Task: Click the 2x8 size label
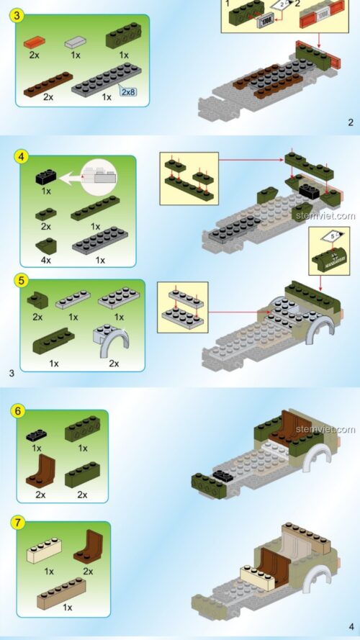click(x=129, y=92)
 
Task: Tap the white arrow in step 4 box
click(x=72, y=175)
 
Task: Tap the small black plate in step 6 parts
click(x=35, y=434)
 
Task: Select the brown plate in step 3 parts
click(x=48, y=83)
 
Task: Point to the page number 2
click(x=350, y=122)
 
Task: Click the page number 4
click(x=351, y=626)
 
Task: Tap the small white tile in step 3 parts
click(x=76, y=41)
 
